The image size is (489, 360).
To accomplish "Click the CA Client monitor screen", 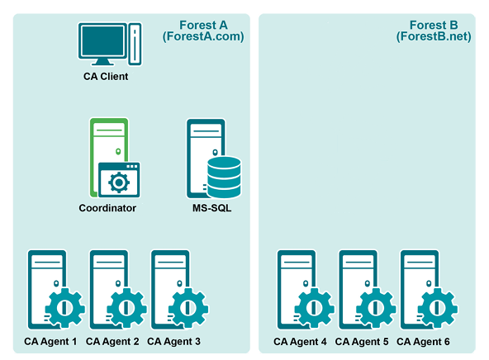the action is [102, 40].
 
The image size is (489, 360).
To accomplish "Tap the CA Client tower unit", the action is [135, 44].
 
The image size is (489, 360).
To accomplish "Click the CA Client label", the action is [106, 76].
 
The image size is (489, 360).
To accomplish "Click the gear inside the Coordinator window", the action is [119, 182].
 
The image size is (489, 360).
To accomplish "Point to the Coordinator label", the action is [107, 208].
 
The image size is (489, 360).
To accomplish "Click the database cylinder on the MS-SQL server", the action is [224, 178].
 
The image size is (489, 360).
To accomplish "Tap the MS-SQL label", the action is [211, 208].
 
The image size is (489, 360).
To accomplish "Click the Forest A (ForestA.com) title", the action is [203, 31].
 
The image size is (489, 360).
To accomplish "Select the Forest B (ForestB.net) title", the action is [434, 31].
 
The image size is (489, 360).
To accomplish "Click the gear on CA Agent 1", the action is [65, 308].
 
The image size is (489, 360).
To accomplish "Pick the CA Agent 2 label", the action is [112, 342].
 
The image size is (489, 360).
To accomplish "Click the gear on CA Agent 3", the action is [188, 308].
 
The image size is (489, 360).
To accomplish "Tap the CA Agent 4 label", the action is [300, 342].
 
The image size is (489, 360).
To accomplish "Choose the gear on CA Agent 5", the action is [376, 308].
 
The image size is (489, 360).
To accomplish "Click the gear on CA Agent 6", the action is [438, 308].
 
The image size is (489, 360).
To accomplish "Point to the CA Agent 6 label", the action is [423, 342].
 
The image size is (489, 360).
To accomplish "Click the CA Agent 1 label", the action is [50, 342].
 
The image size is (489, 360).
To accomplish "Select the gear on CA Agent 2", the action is [126, 308].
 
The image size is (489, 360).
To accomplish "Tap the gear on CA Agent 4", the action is [315, 308].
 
